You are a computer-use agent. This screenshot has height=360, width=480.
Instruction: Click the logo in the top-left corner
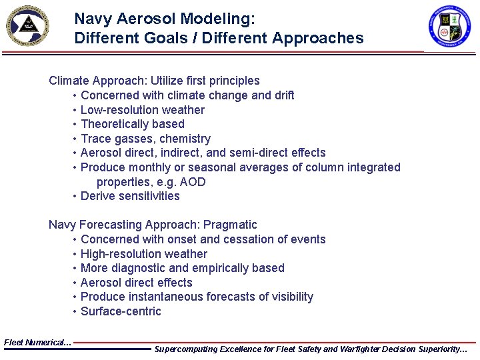(27, 26)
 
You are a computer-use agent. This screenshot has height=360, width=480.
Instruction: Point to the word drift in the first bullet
(283, 95)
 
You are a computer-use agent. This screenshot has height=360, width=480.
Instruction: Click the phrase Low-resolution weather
(142, 110)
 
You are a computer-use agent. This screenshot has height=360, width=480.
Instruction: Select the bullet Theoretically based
(132, 124)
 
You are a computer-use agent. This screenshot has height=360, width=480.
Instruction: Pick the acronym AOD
(193, 182)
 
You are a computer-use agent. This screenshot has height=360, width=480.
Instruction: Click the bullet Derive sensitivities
(130, 196)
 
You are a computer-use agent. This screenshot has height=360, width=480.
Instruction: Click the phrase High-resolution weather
(143, 254)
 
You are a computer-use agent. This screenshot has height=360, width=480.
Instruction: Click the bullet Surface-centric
(121, 311)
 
